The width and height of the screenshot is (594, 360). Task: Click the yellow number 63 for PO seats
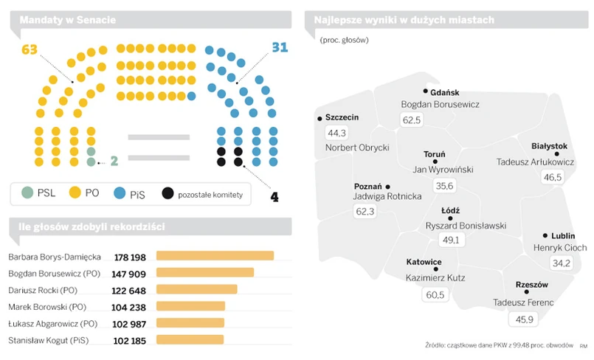click(30, 50)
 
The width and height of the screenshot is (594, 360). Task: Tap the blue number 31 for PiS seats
click(280, 49)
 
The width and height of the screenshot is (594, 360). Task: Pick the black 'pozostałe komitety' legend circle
click(168, 193)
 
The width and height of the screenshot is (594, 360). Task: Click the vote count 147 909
click(130, 274)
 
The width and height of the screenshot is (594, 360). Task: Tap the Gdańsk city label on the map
click(444, 92)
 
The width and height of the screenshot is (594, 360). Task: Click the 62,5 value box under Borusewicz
click(411, 120)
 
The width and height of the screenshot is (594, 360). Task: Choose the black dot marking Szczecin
click(319, 118)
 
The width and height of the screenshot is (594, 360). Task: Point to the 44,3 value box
click(336, 133)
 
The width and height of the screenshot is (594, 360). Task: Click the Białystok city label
click(549, 146)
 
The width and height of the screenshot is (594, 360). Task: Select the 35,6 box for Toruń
click(444, 186)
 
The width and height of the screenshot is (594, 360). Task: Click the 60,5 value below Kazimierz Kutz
click(435, 295)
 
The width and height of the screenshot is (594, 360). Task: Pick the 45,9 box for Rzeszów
click(523, 319)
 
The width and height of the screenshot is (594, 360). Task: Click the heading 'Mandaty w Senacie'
click(67, 21)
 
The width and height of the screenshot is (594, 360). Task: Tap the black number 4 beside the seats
click(274, 197)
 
